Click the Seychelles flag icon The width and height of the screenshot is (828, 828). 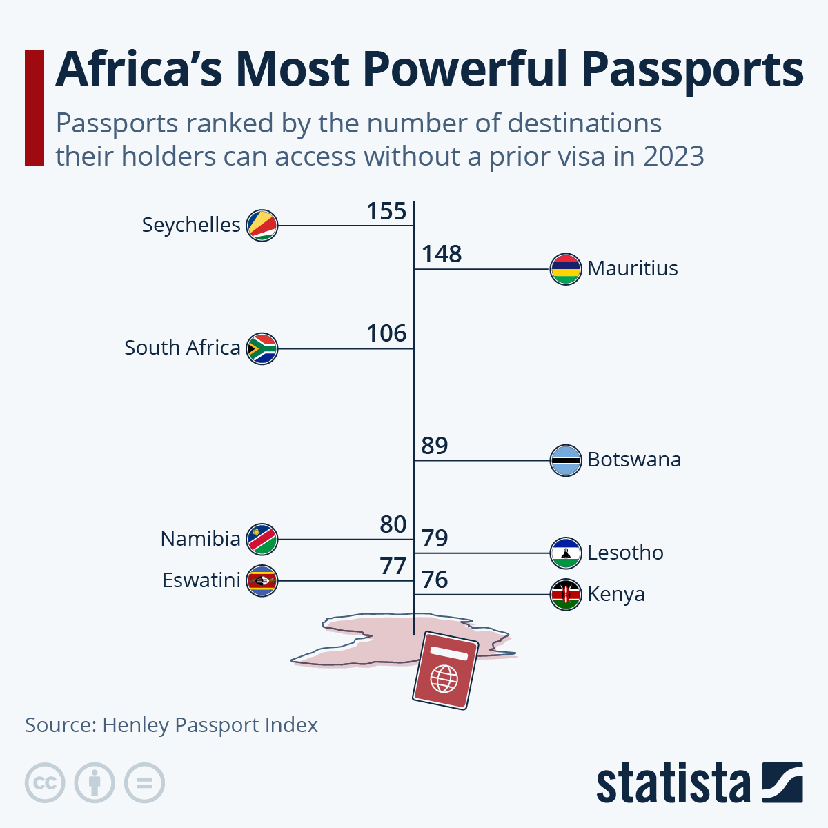[x=262, y=225]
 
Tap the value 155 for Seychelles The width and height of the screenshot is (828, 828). [x=386, y=211]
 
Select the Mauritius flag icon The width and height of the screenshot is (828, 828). [x=565, y=269]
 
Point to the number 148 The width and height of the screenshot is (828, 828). [x=442, y=255]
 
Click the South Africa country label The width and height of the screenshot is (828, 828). [x=182, y=348]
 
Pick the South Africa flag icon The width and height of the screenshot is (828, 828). [x=262, y=348]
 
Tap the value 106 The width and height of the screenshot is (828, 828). [x=386, y=334]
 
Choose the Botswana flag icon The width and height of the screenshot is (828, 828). [x=565, y=460]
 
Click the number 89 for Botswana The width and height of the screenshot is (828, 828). [x=435, y=446]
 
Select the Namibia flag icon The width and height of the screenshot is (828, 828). [x=262, y=539]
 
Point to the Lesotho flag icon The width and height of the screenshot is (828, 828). [x=565, y=553]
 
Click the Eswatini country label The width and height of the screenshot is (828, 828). [x=201, y=580]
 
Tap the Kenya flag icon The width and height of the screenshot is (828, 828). [x=565, y=594]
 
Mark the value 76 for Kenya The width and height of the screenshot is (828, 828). [x=435, y=580]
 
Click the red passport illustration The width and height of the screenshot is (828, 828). [x=445, y=670]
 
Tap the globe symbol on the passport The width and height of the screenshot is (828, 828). [x=444, y=678]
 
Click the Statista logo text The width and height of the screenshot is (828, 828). [x=673, y=783]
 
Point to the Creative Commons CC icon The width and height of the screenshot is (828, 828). [x=45, y=783]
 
